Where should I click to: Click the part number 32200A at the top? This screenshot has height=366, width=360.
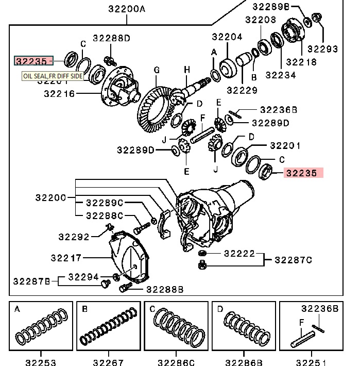tap(127, 9)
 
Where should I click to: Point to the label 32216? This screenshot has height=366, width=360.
tap(59, 94)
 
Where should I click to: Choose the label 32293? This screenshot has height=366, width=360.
tap(323, 49)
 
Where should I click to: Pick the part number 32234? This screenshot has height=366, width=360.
tap(280, 75)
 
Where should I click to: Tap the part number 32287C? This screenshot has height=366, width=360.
tap(293, 259)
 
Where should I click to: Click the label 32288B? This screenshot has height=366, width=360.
tap(165, 289)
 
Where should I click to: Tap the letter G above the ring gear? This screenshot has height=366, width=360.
tap(157, 70)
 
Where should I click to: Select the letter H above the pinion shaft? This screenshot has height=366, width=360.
tap(187, 70)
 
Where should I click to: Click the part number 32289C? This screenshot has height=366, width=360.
tap(105, 203)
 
